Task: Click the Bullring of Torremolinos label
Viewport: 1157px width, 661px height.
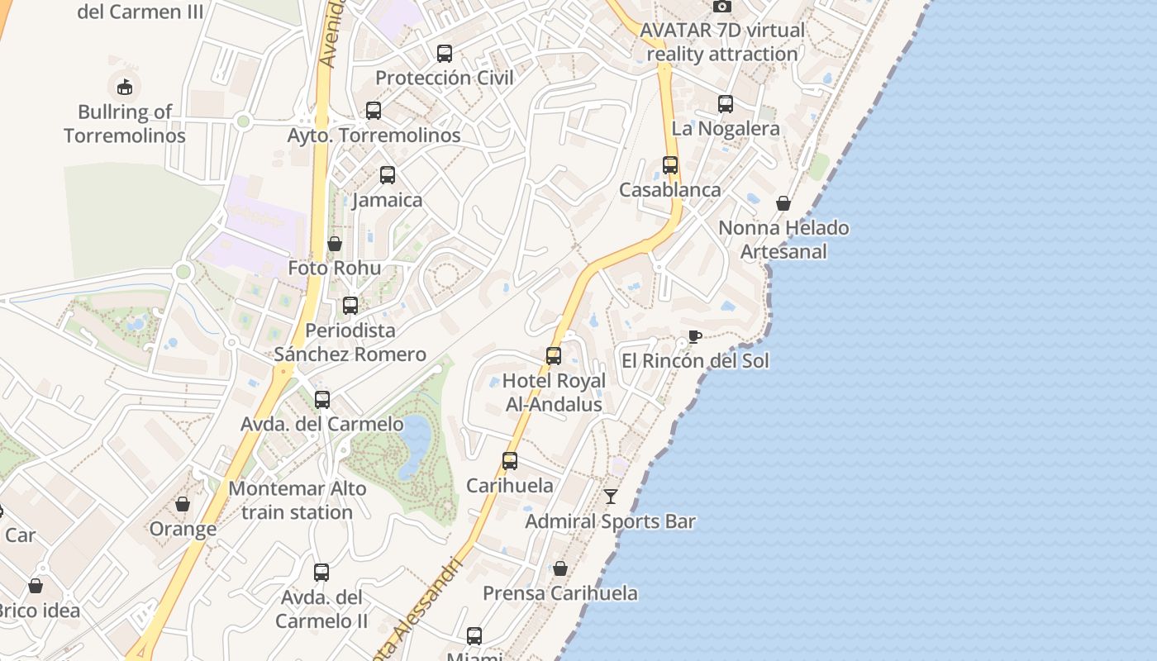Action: click(x=125, y=124)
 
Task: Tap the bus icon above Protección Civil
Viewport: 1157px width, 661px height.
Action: click(x=445, y=54)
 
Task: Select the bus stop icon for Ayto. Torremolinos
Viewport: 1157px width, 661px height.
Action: click(x=374, y=111)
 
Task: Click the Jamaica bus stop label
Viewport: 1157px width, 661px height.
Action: click(x=387, y=200)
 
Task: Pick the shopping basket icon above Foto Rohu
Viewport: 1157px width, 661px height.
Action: click(x=335, y=244)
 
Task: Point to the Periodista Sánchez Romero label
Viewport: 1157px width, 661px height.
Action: click(x=350, y=342)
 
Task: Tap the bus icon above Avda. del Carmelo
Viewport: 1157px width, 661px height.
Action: click(x=322, y=400)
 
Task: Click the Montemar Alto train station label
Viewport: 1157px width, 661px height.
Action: click(x=298, y=500)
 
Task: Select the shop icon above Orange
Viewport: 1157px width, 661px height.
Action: click(x=183, y=504)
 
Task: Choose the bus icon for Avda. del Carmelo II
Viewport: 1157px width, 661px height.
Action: click(x=321, y=572)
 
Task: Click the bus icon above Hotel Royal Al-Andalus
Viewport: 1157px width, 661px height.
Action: click(x=554, y=356)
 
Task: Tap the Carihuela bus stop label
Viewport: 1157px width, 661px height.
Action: click(x=510, y=485)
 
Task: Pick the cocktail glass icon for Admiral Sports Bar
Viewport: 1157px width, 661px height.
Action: click(x=611, y=497)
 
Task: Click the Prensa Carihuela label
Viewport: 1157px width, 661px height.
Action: click(x=560, y=593)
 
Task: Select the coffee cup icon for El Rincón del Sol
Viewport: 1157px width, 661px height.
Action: click(x=694, y=336)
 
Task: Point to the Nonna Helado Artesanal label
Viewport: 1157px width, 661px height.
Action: click(x=783, y=240)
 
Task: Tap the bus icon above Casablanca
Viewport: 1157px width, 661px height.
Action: click(x=670, y=165)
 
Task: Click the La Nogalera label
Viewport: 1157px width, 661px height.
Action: click(x=726, y=128)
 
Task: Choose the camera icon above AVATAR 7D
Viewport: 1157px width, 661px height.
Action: click(x=722, y=7)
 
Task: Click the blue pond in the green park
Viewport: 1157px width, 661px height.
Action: click(x=413, y=446)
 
